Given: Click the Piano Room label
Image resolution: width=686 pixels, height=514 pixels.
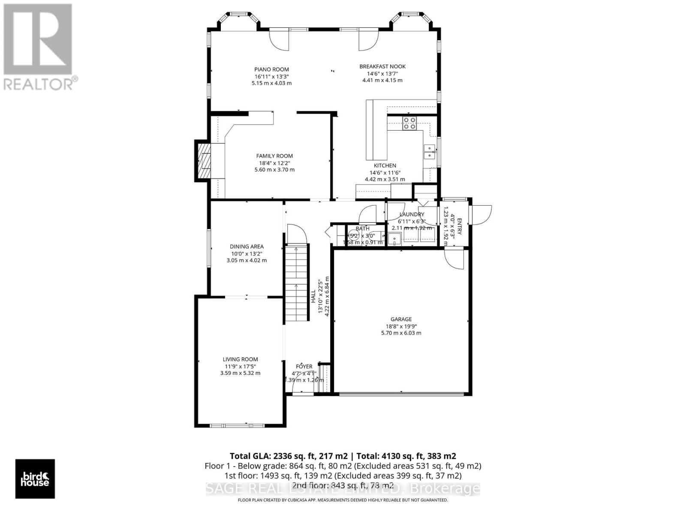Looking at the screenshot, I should [x=271, y=69].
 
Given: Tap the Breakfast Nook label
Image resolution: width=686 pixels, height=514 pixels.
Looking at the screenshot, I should [x=382, y=66].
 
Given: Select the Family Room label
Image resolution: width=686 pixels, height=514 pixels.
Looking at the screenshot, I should [x=274, y=156].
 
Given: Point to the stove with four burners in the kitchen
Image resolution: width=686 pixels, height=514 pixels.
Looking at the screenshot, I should [x=409, y=123].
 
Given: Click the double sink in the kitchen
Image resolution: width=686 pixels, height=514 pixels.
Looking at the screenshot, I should [x=429, y=152].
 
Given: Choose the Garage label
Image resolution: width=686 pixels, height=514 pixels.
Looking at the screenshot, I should [x=401, y=319].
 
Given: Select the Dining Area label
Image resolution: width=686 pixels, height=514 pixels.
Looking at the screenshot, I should [x=247, y=246].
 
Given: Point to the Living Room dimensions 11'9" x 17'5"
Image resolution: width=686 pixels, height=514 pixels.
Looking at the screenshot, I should [x=240, y=366].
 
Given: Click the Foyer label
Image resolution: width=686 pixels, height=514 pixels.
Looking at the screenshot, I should [x=304, y=366].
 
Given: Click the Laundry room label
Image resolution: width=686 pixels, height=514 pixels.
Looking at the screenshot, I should [x=412, y=214].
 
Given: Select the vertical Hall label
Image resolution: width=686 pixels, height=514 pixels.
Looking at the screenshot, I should [x=313, y=296].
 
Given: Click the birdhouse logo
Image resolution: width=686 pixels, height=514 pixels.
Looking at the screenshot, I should [x=35, y=479].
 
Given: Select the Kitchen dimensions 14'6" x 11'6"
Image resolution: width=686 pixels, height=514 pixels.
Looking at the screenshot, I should [x=385, y=173].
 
